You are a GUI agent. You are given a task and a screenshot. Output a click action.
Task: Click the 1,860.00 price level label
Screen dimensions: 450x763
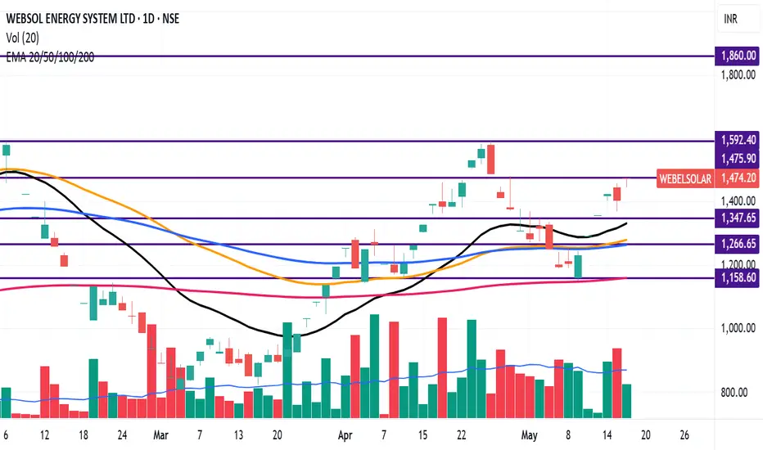[734, 56]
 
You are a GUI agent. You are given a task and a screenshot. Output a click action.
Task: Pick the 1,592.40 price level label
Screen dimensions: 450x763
[734, 140]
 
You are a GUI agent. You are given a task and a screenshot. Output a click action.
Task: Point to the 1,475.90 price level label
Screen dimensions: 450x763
[734, 158]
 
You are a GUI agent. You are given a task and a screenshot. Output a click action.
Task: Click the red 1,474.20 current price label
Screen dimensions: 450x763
[734, 178]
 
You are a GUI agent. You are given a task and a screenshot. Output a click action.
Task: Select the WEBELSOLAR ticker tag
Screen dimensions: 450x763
[684, 178]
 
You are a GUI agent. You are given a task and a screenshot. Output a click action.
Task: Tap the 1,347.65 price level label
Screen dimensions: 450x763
[734, 218]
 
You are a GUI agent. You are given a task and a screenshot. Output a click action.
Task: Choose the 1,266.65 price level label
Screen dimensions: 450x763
[734, 244]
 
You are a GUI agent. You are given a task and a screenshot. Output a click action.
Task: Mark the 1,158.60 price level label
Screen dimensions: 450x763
[734, 278]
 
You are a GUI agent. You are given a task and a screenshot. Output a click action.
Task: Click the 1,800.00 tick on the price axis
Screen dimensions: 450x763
[736, 74]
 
